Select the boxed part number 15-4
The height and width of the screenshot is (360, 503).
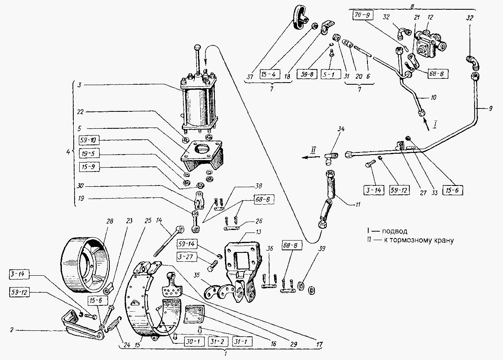click(x=269, y=75)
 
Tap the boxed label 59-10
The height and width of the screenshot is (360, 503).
click(x=89, y=141)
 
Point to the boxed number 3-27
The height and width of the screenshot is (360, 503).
click(x=186, y=257)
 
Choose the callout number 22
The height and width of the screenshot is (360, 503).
click(x=81, y=112)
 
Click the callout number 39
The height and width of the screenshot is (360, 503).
click(x=322, y=249)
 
